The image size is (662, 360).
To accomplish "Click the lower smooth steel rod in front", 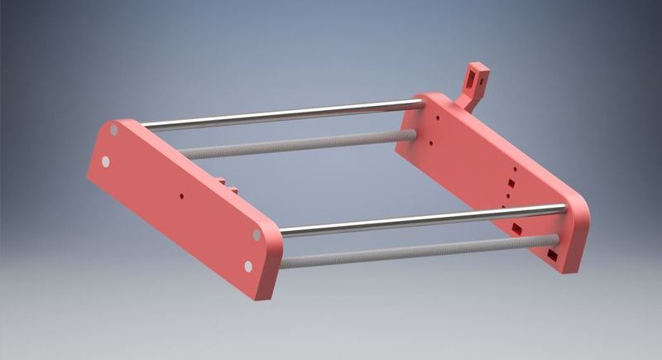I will coord(414,218).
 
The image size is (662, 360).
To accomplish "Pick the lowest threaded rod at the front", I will coord(414,251).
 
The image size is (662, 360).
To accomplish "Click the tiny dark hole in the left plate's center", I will coord(181,197).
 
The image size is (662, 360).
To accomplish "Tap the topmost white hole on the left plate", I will coord(114,131).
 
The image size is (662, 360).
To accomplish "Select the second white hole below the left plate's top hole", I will coord(106,161).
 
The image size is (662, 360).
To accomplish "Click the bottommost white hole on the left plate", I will coord(248,266).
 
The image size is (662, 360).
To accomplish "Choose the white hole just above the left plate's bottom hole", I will coord(256,235).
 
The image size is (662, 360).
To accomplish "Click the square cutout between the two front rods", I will coord(516,226).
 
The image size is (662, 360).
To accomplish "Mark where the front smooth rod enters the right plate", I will coord(564,208).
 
